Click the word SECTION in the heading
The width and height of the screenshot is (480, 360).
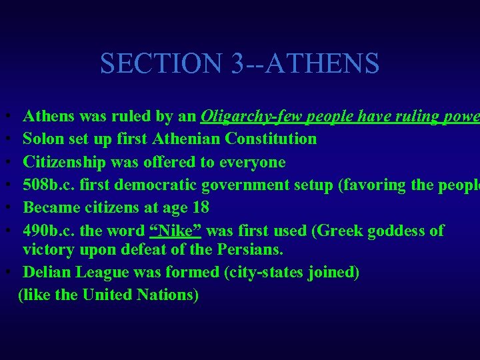[161, 64]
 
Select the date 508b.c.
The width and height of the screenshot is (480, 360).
[47, 185]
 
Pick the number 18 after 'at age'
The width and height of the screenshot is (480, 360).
[199, 207]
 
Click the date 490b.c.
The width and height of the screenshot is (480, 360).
[47, 231]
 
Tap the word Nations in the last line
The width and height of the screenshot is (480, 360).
[168, 295]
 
